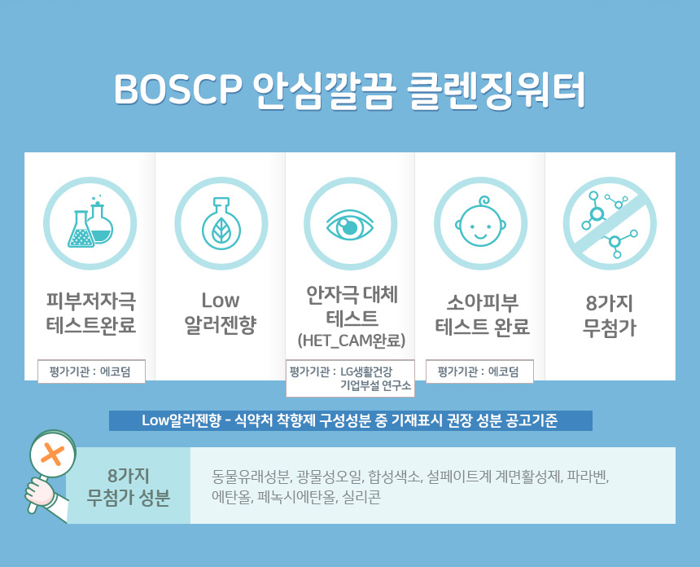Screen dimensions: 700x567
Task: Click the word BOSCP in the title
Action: coord(178,89)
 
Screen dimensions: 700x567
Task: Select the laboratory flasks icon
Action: coord(90,222)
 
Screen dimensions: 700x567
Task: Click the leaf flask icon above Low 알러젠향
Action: coord(221,223)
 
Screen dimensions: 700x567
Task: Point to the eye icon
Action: coord(350,224)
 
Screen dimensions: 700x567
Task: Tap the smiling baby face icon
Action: coord(481,222)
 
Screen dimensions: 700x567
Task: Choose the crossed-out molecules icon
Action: coord(610,223)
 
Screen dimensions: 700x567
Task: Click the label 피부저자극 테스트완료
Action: coord(90,312)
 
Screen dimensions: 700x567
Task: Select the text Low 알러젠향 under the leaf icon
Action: coord(221,312)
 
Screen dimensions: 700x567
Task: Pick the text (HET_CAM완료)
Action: coord(352,341)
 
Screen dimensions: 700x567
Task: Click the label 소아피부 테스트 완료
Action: coord(482,314)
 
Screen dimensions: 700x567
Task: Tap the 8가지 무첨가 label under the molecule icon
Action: coord(610,315)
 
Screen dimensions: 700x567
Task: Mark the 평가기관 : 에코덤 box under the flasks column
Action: coord(91,371)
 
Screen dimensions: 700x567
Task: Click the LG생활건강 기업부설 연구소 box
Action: coord(350,378)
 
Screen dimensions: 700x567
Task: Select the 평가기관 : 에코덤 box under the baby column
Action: coord(479,371)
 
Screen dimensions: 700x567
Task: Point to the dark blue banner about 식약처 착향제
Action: coord(351,420)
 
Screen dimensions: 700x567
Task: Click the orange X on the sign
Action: coord(53,455)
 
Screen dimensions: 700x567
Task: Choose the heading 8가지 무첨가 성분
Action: coord(128,486)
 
